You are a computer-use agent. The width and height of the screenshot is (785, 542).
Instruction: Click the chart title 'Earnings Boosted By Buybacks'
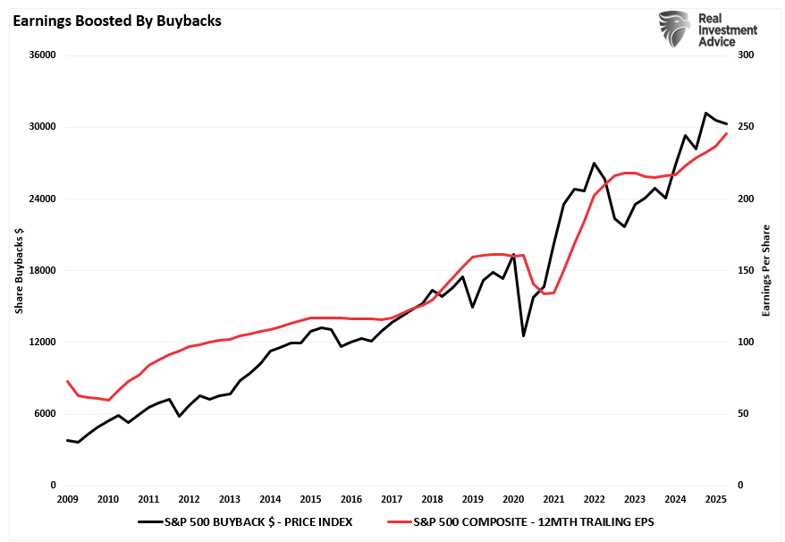116,21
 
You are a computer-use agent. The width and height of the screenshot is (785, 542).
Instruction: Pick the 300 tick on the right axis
746,55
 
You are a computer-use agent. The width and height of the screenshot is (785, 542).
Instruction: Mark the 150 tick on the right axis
746,270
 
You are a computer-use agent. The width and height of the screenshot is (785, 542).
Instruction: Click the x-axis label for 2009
67,499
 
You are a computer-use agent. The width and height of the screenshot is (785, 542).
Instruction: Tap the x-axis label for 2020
513,499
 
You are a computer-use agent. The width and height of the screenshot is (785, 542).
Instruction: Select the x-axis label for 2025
716,499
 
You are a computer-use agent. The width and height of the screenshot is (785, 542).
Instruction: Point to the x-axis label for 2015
310,499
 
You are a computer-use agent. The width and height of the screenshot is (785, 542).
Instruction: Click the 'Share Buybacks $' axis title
19,270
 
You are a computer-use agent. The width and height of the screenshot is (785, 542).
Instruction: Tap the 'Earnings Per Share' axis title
765,270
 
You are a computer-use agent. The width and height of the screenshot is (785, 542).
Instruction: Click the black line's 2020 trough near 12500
523,336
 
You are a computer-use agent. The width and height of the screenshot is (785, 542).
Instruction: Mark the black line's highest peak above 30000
705,113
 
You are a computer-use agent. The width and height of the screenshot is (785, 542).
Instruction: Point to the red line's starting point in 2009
67,381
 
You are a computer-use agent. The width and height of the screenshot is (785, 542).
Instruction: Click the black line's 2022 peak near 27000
594,163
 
